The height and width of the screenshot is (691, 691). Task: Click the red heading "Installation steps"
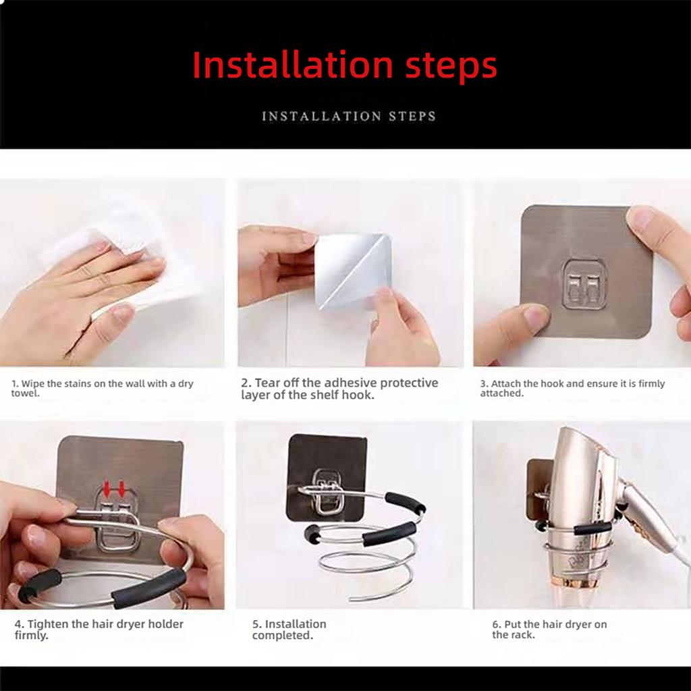[345, 65]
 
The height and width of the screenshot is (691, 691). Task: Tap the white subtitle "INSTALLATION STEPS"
[349, 116]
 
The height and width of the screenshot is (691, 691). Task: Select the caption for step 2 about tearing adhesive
[339, 389]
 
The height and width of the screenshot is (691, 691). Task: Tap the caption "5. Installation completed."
[289, 630]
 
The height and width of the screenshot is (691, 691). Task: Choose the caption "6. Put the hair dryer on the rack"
[549, 630]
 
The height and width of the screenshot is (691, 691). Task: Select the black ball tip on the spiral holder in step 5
[312, 532]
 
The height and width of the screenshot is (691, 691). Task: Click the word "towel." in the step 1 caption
[26, 393]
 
